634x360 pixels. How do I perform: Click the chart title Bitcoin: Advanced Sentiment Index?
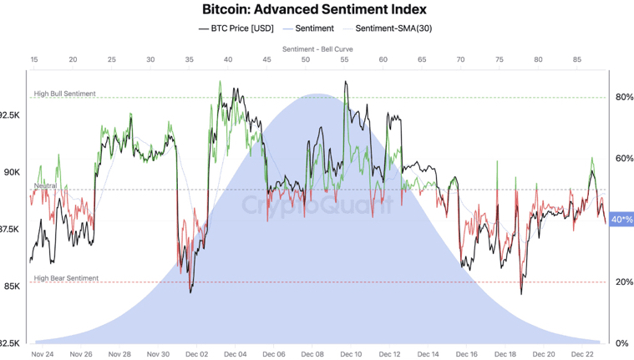tap(314, 10)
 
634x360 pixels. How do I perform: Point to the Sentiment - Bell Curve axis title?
tap(317, 49)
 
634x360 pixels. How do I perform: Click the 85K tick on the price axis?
tap(12, 286)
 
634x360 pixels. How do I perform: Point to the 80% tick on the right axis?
tap(624, 97)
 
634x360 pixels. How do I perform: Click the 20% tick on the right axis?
tap(624, 282)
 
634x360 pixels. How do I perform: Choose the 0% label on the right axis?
tap(621, 343)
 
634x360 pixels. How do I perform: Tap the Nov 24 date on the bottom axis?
tap(43, 354)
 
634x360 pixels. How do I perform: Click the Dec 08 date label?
tap(312, 354)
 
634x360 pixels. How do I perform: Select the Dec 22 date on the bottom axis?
tap(582, 354)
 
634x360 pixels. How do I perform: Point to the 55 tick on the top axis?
tap(344, 60)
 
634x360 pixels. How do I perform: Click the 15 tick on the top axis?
tap(34, 60)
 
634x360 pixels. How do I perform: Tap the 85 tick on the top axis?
tap(576, 60)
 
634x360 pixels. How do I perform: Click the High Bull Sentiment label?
tap(65, 94)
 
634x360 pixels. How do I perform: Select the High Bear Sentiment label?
tap(66, 278)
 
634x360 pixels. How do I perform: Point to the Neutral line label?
tap(45, 185)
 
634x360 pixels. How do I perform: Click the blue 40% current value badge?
tap(621, 220)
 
